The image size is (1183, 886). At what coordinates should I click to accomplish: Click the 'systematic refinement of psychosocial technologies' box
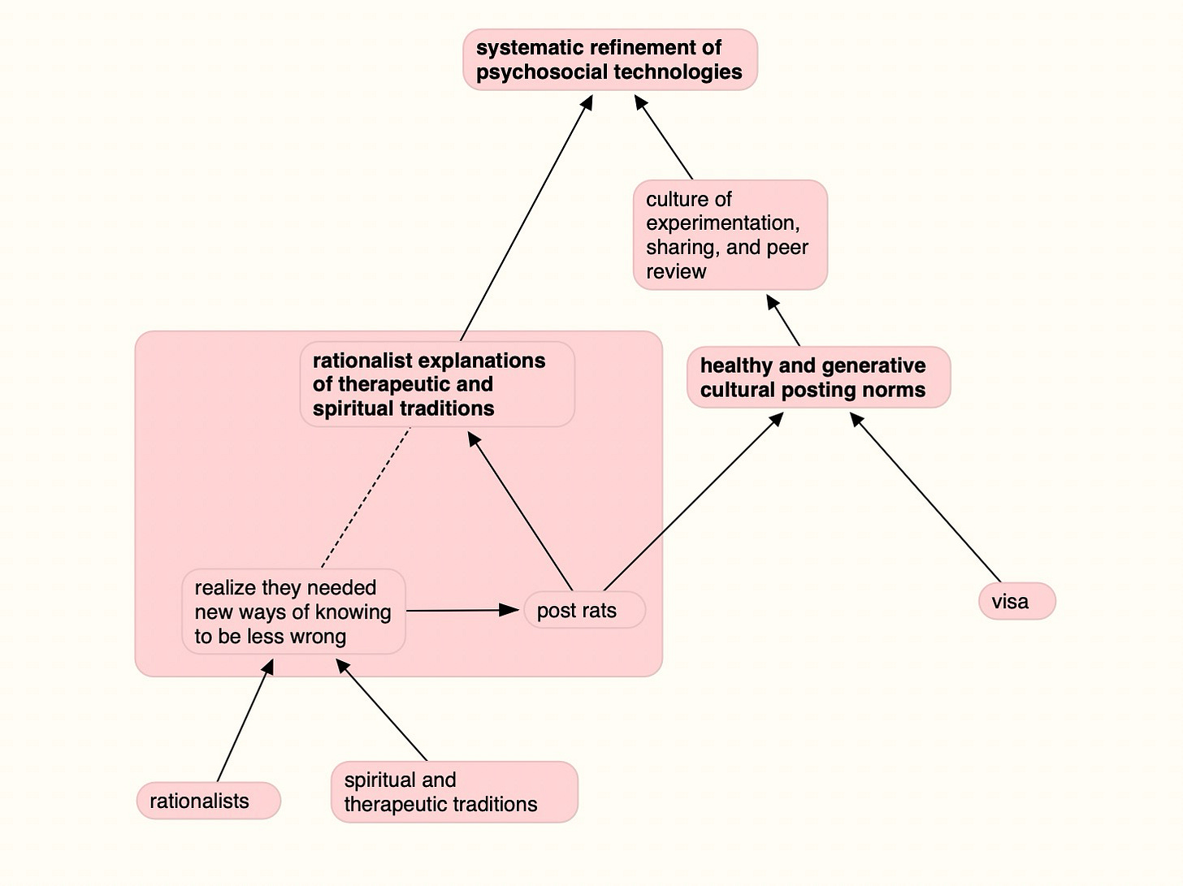point(610,60)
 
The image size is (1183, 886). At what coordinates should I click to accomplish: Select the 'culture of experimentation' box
point(730,235)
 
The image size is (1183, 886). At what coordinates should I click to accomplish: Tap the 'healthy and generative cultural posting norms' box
point(819,377)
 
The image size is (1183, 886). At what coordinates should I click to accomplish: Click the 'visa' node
point(1017,601)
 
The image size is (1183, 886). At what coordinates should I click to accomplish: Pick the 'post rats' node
point(584,610)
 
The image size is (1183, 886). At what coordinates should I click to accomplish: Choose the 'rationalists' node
point(209,801)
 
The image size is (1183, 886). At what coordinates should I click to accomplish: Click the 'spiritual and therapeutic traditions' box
point(454,792)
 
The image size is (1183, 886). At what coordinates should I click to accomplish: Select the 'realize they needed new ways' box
point(294,612)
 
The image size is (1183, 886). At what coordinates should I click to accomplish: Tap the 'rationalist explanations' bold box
point(437,384)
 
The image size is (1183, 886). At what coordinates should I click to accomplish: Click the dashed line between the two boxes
point(366,498)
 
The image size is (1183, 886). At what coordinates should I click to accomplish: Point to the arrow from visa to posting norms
point(925,497)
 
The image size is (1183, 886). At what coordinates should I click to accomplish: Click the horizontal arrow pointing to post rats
point(462,610)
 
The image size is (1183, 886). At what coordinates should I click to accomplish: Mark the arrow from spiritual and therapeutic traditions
point(382,710)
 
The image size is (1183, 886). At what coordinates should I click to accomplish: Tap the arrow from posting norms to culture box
point(783,320)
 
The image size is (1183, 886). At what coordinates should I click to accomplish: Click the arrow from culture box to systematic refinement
point(664,136)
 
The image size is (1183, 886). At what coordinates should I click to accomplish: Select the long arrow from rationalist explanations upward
point(526,218)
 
